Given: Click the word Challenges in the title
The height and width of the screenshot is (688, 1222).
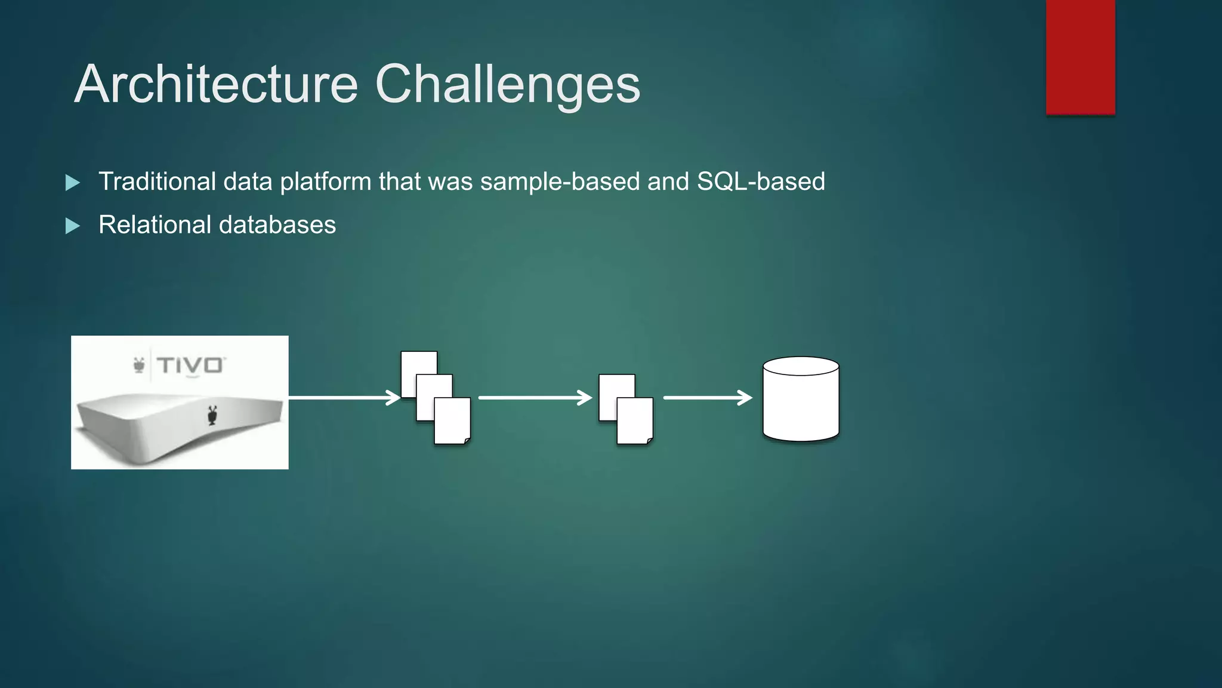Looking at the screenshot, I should (x=507, y=84).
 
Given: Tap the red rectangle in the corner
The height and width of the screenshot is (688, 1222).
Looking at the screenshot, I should (x=1080, y=57).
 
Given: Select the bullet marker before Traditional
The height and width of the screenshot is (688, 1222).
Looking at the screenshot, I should (x=72, y=182).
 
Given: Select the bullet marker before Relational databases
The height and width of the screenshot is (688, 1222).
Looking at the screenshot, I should (x=72, y=226).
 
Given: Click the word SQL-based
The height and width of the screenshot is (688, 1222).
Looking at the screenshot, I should (x=761, y=182).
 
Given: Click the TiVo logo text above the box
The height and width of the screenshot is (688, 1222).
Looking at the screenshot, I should (x=190, y=365).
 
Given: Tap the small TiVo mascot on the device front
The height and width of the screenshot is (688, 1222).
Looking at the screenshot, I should (x=212, y=414).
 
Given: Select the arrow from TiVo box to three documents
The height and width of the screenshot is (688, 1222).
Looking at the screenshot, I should (x=344, y=397).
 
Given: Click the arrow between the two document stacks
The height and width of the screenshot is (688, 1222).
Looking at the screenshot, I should (x=535, y=397).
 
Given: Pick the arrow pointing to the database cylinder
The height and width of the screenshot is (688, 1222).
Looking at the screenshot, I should (x=707, y=397).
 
